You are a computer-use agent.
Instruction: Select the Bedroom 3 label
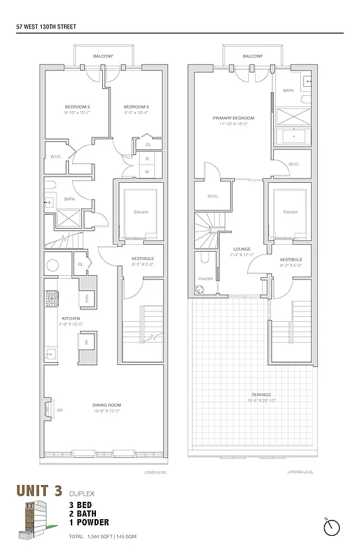pos(136,106)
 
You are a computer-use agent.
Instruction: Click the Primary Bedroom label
pos(233,118)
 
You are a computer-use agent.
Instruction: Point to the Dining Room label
pos(106,405)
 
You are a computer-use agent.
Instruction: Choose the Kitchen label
pos(72,319)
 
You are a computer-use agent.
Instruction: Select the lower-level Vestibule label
pos(142,259)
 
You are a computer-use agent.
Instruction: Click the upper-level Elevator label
pos(291,211)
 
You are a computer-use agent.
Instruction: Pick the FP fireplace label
pos(50,409)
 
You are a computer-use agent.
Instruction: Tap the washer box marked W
pos(147,171)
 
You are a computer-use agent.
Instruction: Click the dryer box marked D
pos(147,158)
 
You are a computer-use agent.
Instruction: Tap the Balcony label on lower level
pos(103,56)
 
